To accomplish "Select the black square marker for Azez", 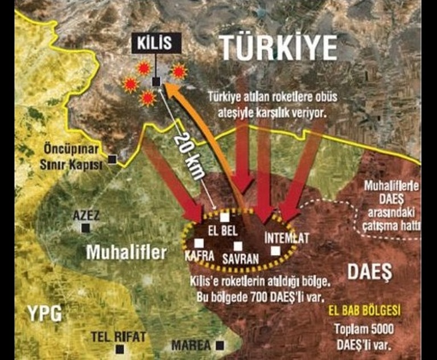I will click(x=85, y=228).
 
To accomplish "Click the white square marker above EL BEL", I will click(x=225, y=217).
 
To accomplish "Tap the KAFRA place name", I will click(x=199, y=256).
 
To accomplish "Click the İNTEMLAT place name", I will click(x=287, y=238).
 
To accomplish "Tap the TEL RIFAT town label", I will click(x=118, y=337).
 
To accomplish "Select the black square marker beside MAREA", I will click(x=219, y=345).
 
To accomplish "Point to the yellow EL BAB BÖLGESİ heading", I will click(x=365, y=311).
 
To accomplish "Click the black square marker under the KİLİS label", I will click(x=156, y=81).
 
